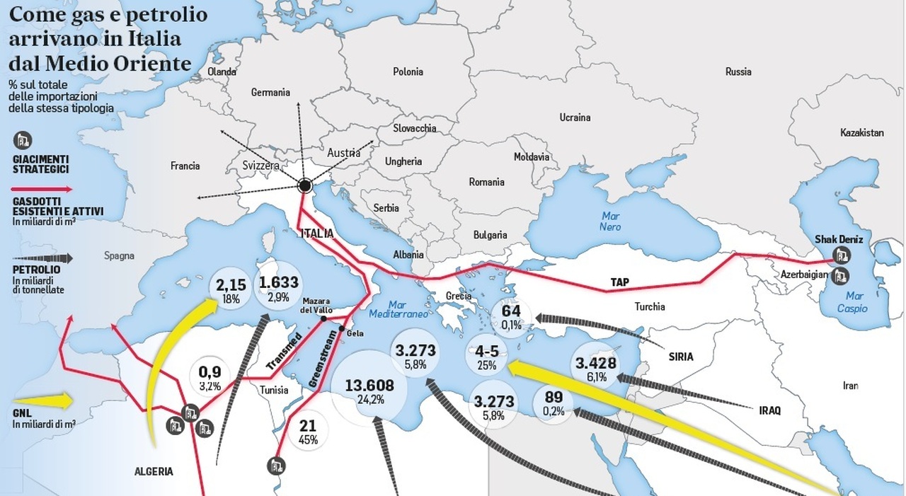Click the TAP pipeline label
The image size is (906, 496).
coord(619,282)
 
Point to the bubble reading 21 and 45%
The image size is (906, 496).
coord(308,431)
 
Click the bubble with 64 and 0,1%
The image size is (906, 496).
coord(511,316)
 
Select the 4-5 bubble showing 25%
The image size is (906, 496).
coord(486,357)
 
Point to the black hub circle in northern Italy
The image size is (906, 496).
coord(305,186)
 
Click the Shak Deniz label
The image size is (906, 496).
coord(839,239)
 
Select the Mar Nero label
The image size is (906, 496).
coord(610,221)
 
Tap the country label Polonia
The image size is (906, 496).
coord(408,71)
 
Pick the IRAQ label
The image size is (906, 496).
coord(769,410)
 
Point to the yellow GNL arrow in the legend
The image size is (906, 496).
coord(42,401)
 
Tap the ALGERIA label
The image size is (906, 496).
coord(154,471)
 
